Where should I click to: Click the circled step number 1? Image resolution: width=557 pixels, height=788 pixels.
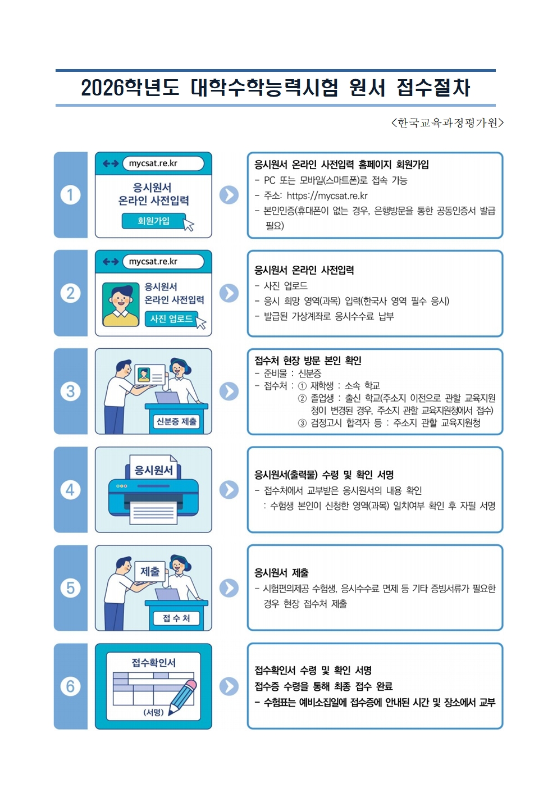tap(70, 195)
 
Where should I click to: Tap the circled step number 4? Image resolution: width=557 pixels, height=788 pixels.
tap(70, 490)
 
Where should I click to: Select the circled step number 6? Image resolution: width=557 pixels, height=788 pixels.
tap(70, 686)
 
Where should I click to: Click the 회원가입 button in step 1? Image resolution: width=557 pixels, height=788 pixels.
tap(154, 221)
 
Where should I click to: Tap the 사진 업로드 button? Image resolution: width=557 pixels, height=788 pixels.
tap(172, 318)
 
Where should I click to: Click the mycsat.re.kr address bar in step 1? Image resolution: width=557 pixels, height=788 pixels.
tap(163, 163)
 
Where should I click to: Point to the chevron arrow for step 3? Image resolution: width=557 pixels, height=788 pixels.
tap(229, 391)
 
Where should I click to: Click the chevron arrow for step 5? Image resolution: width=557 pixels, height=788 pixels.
tap(229, 588)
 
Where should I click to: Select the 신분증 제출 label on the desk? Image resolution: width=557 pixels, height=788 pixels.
tap(176, 421)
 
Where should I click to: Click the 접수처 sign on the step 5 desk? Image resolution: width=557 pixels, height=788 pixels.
tap(176, 618)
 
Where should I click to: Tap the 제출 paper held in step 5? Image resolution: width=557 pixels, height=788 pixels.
tap(150, 571)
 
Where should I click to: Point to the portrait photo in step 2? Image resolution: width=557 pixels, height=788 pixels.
tap(121, 304)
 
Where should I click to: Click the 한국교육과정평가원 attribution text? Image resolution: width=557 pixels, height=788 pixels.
tap(448, 122)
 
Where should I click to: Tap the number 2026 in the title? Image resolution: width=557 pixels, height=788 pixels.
tap(103, 88)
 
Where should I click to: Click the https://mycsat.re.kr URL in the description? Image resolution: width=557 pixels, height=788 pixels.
tap(327, 195)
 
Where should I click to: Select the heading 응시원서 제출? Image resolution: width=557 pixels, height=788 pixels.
tap(282, 573)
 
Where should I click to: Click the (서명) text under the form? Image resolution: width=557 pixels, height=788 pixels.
tap(154, 712)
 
